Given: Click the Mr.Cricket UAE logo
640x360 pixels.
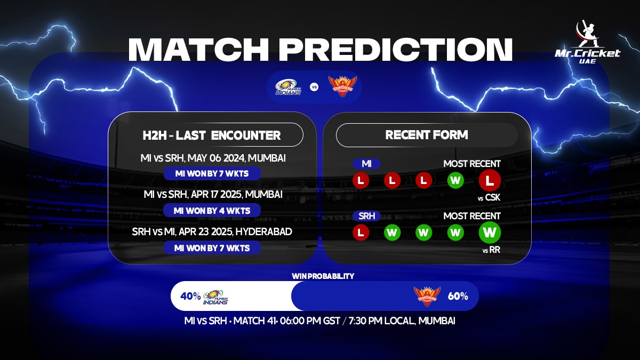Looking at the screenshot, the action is tap(587, 42).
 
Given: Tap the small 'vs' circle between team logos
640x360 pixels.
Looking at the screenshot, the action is tap(314, 87).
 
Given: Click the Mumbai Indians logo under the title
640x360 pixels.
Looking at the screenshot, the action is tap(288, 87).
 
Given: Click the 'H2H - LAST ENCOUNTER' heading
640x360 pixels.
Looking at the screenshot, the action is tap(211, 135).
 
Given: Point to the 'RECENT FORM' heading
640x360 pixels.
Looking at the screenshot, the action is tap(427, 135).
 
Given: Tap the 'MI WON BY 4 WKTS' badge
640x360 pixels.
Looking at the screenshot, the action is tap(212, 211).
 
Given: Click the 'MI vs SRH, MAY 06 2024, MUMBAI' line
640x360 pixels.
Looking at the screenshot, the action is tap(213, 158).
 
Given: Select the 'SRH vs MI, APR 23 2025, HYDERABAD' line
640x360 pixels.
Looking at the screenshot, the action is tap(212, 231).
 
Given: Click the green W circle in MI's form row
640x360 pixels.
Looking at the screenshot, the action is tap(455, 180).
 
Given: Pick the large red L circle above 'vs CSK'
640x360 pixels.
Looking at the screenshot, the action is tap(490, 180).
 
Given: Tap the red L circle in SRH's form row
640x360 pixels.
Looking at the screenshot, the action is tap(361, 233).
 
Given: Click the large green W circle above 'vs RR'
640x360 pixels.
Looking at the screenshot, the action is tap(490, 233).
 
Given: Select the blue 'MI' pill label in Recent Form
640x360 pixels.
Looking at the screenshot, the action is tap(366, 164).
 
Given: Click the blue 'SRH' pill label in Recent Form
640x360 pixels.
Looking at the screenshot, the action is tap(366, 216).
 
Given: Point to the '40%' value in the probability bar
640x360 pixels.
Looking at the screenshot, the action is tap(190, 297).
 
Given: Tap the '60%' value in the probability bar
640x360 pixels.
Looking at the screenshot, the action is tap(458, 297).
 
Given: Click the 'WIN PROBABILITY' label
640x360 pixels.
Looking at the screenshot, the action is tap(323, 276).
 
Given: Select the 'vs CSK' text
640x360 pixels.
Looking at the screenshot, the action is tap(489, 197).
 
